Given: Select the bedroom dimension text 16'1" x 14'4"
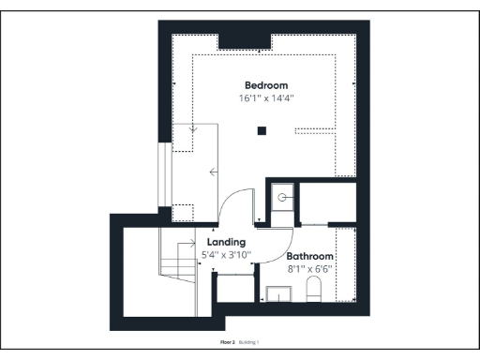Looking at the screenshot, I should click(x=265, y=97).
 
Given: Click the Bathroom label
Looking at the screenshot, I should click(x=310, y=256).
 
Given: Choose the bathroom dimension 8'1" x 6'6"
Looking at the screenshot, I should click(x=310, y=269).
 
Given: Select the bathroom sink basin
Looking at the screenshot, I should click(x=279, y=296).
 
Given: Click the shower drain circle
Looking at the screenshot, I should click(x=282, y=198).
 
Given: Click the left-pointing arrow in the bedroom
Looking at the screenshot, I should click(x=216, y=171).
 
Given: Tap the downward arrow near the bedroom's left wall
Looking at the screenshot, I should click(x=193, y=129).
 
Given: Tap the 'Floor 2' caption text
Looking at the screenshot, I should click(x=227, y=343).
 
